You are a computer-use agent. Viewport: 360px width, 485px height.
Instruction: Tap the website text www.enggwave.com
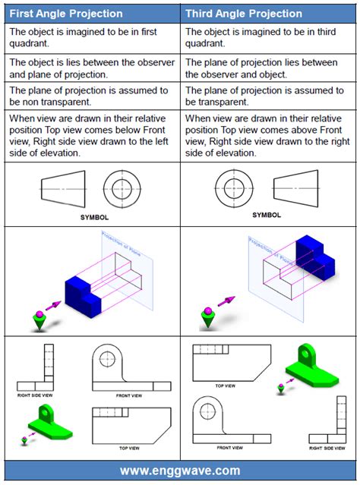(x=180, y=471)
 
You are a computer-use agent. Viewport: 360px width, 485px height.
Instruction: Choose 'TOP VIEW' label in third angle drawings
(x=226, y=386)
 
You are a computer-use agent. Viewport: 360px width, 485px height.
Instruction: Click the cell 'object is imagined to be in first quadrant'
(x=90, y=37)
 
